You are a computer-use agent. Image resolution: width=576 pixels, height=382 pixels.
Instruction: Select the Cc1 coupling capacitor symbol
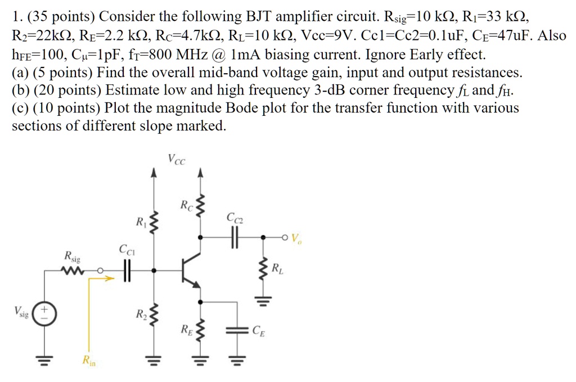coord(128,272)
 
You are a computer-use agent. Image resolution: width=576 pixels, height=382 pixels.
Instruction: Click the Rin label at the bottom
coord(88,361)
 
